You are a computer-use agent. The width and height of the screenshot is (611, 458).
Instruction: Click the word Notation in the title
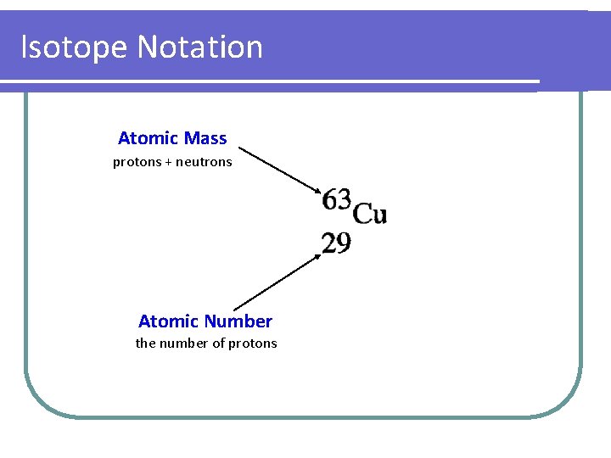[199, 47]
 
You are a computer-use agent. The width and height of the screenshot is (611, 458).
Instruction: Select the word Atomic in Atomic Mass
[147, 138]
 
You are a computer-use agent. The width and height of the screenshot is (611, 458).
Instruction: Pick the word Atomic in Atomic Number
[168, 321]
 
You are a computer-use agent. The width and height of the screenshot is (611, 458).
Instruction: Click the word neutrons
[204, 162]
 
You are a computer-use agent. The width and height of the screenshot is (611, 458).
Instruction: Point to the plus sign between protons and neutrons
[168, 162]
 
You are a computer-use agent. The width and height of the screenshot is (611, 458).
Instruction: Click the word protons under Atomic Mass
[137, 162]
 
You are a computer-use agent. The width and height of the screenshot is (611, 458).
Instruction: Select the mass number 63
[336, 200]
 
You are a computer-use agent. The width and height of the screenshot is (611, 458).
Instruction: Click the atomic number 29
[336, 244]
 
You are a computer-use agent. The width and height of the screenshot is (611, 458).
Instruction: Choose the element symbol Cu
[370, 214]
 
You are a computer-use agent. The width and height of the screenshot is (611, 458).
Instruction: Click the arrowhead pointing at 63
[317, 192]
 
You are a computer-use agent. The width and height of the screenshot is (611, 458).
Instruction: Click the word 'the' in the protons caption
[146, 343]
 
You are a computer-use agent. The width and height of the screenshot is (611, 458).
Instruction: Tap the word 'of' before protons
[219, 343]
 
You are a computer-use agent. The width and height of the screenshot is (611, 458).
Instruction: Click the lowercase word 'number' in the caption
[184, 343]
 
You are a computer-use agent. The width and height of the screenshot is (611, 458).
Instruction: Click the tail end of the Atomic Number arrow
[234, 309]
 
